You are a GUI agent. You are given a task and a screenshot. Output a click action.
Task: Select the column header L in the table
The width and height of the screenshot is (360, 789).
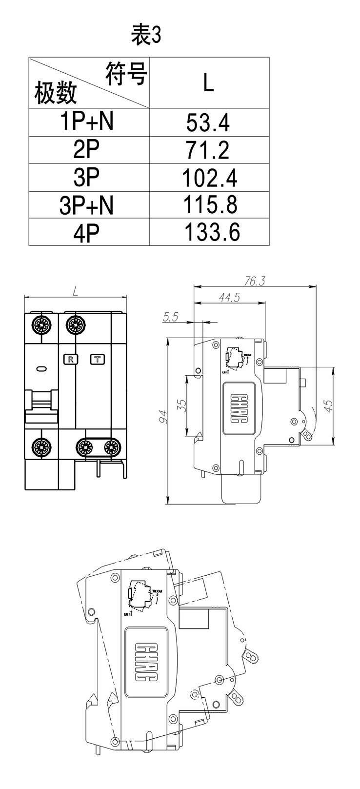209,83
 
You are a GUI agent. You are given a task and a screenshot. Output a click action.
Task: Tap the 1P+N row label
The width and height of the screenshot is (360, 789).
87,122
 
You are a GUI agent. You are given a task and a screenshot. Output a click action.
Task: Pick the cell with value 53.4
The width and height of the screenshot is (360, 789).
208,122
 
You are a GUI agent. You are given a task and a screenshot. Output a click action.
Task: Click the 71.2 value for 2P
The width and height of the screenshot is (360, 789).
208,150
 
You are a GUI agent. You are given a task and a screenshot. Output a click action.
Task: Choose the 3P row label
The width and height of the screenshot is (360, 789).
86,178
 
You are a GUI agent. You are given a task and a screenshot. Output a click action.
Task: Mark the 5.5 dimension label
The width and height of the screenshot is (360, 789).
171,317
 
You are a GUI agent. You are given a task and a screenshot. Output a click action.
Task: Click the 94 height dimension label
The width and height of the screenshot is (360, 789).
163,416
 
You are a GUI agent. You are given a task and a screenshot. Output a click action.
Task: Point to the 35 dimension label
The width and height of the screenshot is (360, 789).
181,406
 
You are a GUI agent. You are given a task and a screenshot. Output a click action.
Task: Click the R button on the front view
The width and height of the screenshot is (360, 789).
71,360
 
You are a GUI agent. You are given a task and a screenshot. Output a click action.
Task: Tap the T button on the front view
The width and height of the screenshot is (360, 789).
98,360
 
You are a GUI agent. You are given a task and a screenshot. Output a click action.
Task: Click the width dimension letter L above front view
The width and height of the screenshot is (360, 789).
75,291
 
